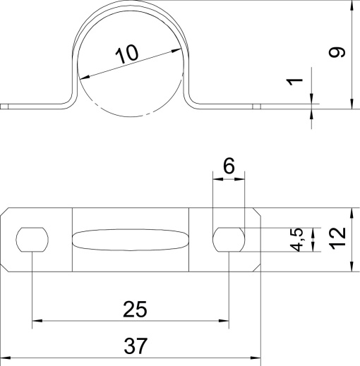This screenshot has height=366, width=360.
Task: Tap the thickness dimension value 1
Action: [299, 83]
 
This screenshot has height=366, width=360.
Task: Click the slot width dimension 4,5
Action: [299, 240]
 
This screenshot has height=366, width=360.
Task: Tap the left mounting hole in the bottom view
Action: [32, 240]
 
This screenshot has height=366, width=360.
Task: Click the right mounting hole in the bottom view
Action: [229, 240]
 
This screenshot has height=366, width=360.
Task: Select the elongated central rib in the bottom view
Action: [131, 240]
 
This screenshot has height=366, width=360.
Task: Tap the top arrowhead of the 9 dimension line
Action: [352, 6]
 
